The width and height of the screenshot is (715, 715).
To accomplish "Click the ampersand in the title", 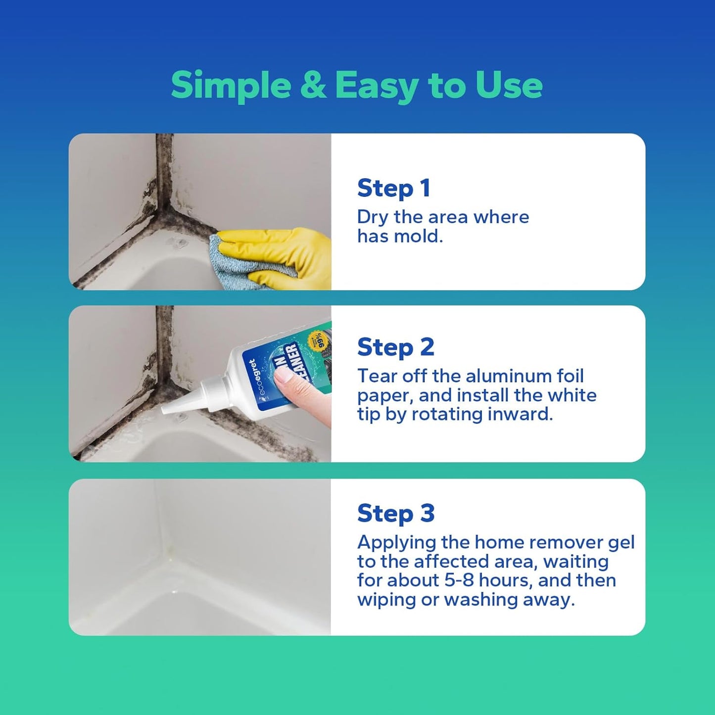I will [x=313, y=85].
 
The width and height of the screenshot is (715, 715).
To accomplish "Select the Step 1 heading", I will [x=393, y=189].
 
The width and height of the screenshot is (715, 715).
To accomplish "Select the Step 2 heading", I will [x=395, y=347].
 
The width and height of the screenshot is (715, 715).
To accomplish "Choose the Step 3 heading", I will [x=395, y=513].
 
